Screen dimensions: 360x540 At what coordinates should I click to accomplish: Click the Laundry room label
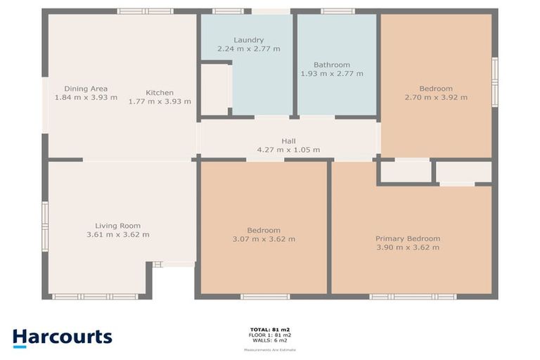point(248,39)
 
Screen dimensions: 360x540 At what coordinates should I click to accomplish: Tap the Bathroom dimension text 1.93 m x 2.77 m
point(332,73)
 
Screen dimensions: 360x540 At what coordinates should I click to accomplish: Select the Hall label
point(288,141)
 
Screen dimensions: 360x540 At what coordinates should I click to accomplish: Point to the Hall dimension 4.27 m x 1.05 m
point(288,150)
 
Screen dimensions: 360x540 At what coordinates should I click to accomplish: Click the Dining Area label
point(86,89)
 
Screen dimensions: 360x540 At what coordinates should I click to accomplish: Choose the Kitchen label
point(160,93)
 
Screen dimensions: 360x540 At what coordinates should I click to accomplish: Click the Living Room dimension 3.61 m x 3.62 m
point(117,235)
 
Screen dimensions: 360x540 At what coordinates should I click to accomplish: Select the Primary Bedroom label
point(407,238)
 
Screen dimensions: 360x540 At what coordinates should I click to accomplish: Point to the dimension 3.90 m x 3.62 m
point(407,247)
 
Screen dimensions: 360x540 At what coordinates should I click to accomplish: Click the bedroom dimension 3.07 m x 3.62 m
point(264,239)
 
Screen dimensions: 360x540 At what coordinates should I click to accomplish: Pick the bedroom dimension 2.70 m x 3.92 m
point(436,98)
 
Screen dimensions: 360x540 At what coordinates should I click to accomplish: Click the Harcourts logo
point(62,337)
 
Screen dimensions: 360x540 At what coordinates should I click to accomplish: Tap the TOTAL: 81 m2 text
point(269,329)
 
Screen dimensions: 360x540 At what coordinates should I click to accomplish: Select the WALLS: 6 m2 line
point(269,340)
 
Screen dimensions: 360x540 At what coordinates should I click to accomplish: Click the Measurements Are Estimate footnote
point(269,349)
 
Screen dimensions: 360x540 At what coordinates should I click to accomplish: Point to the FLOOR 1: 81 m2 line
point(269,335)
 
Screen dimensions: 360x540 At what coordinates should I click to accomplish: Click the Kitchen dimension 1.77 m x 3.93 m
point(160,101)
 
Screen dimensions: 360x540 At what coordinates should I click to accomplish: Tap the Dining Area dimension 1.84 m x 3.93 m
point(86,98)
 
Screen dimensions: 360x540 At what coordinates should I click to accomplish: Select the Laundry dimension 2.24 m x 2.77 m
point(248,49)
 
